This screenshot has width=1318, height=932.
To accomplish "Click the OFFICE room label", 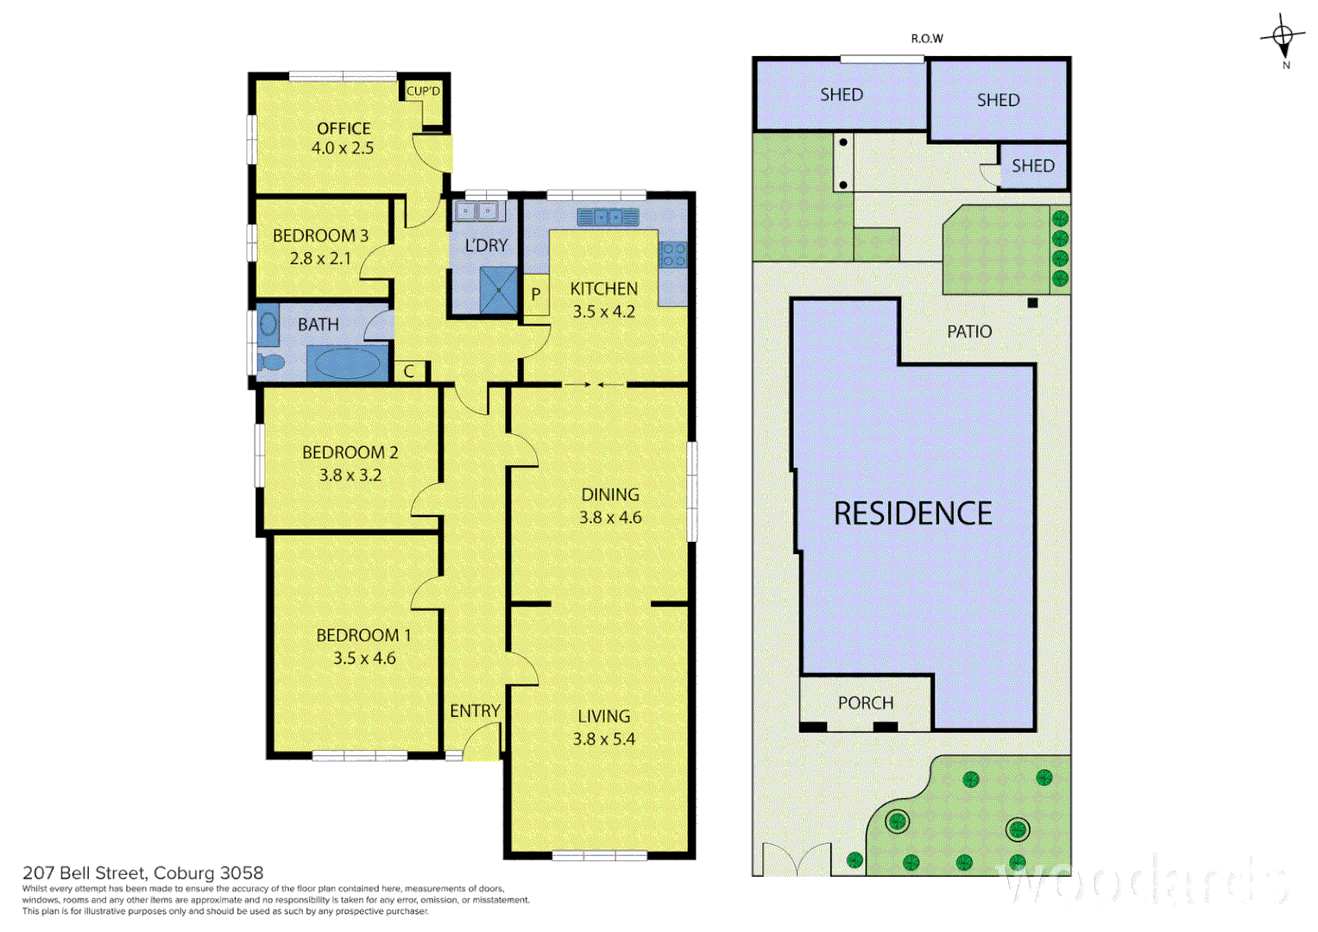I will [343, 129].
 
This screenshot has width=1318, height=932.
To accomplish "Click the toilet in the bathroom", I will [271, 362].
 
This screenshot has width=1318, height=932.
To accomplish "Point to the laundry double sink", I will [476, 211].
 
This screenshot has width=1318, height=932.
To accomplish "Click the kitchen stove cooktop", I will [672, 254].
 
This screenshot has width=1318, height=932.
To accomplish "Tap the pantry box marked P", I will [536, 294].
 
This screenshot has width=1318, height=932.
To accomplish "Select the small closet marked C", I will [410, 371].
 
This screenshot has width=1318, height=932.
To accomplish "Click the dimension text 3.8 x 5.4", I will [603, 739].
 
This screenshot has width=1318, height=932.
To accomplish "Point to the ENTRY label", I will [475, 711].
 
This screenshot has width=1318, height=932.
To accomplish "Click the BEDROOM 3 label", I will [320, 236].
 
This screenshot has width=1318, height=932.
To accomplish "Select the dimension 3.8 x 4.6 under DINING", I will [610, 518].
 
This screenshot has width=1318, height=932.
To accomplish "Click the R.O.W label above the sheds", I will [927, 39].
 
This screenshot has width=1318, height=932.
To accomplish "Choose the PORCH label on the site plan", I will [865, 703].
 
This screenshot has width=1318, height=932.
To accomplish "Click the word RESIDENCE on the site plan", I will [912, 513].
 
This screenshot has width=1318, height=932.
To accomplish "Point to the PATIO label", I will [968, 331].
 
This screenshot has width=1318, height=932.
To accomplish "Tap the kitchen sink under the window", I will [608, 217].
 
